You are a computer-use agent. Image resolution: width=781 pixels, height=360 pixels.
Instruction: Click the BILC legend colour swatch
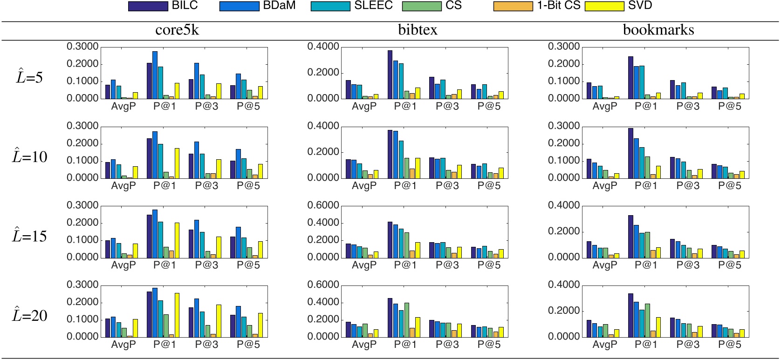(148, 6)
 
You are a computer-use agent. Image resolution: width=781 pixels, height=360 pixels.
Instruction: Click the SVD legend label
(640, 6)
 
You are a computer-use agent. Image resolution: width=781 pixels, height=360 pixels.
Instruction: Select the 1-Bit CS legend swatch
(513, 6)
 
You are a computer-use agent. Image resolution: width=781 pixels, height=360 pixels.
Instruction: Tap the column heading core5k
(177, 30)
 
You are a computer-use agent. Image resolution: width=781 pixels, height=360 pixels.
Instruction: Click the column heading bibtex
(418, 30)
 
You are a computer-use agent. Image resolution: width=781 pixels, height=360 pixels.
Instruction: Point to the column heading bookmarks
(658, 30)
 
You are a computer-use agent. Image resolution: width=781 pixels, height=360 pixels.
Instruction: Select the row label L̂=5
(29, 77)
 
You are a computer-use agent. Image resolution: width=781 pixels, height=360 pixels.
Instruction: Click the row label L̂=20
(29, 316)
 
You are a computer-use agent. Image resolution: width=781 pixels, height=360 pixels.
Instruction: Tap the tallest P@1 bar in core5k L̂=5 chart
(155, 75)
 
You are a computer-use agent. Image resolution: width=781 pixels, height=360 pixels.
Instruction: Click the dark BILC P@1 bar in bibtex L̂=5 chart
(390, 75)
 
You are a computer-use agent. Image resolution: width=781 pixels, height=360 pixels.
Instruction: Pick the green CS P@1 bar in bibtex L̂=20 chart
(407, 320)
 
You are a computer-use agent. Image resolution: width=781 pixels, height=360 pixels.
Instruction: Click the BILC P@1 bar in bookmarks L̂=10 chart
(631, 153)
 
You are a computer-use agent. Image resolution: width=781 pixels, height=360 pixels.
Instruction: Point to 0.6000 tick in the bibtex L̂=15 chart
(323, 205)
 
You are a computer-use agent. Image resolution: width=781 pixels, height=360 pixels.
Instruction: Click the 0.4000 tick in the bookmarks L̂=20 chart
(563, 285)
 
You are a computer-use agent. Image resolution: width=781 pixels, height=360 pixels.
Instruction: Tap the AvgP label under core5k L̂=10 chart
(123, 186)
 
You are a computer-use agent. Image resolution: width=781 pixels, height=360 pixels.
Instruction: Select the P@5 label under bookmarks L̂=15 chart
(729, 265)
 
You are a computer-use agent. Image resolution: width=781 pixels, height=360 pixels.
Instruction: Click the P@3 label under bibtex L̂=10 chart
(447, 186)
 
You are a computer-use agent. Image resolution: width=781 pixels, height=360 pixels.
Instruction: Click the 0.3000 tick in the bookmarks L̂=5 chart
(563, 47)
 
